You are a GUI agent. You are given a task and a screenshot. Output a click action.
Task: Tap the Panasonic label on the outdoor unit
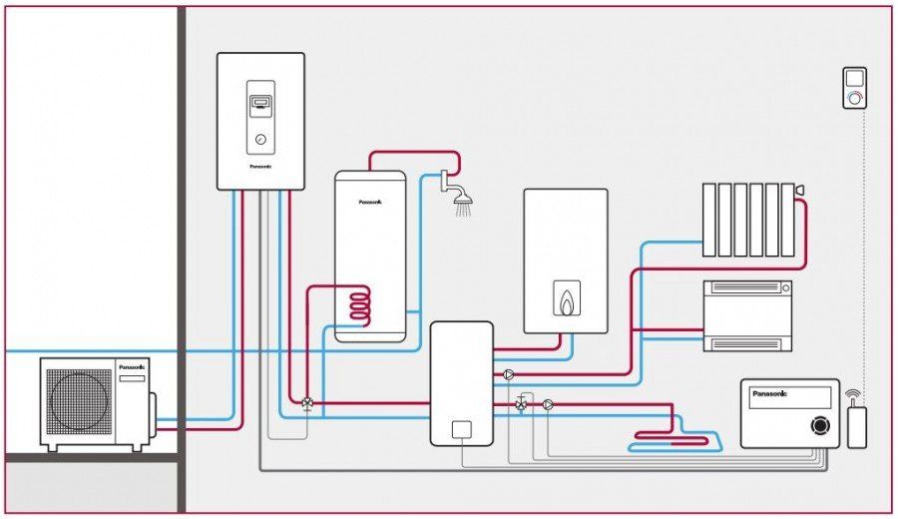[x=132, y=366]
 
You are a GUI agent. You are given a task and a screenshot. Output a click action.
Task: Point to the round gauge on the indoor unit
[x=260, y=140]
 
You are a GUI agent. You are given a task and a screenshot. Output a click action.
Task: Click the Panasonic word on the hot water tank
[x=370, y=202]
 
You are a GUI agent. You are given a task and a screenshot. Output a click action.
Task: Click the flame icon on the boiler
[x=566, y=299]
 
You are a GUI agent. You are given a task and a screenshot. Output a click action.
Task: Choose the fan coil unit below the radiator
[x=748, y=314]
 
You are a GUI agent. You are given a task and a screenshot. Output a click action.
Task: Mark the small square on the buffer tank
[x=461, y=430]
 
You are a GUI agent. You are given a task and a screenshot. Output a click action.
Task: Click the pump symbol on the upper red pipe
[x=509, y=375]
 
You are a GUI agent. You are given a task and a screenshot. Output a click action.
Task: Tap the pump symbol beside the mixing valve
[x=548, y=405]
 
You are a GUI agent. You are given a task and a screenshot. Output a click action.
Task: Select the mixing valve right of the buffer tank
[x=522, y=404]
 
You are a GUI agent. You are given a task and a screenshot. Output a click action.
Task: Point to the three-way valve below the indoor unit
[x=306, y=404]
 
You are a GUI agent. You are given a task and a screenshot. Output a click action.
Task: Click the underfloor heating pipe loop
[x=674, y=435]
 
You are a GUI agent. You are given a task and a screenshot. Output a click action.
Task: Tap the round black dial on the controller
[x=820, y=425]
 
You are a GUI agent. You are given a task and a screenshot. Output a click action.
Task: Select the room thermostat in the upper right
[x=855, y=88]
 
